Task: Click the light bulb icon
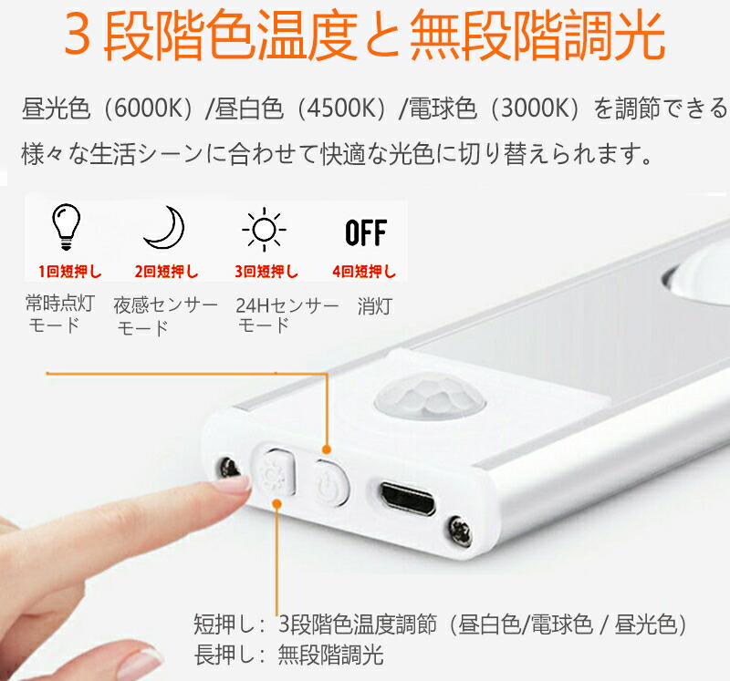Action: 66,226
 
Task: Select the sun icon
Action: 264,230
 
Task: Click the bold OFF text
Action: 366,232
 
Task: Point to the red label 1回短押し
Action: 69,271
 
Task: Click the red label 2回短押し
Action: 166,271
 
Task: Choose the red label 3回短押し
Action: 266,271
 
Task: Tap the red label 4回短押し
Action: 363,271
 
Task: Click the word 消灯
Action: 375,306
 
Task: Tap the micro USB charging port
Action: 408,499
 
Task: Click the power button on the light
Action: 331,483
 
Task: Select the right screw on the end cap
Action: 461,531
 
